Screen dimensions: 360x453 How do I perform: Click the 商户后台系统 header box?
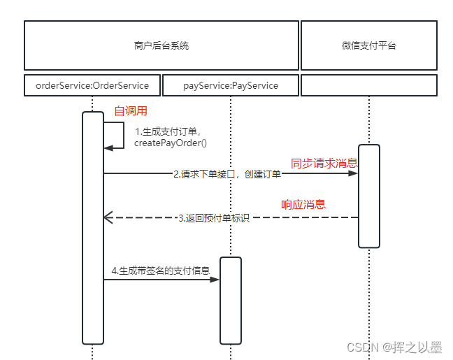point(161,45)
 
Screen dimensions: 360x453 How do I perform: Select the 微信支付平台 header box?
point(368,45)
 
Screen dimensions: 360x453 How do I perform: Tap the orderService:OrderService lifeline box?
point(92,85)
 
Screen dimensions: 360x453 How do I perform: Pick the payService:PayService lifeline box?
point(231,85)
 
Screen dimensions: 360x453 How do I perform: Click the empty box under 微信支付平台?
point(368,85)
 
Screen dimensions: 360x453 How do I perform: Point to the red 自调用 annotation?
point(131,110)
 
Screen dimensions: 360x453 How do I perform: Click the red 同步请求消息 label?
point(324,163)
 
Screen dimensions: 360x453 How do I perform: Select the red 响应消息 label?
point(303,205)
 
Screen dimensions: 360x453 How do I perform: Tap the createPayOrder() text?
point(171,143)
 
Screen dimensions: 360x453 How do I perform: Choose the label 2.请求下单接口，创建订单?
point(227,174)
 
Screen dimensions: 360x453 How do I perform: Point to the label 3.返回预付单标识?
point(213,217)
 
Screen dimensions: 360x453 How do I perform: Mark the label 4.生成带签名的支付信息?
point(161,270)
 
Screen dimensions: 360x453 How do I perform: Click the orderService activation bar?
point(93,227)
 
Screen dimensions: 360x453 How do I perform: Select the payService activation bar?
point(231,301)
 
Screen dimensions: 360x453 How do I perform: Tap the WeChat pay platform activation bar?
point(368,196)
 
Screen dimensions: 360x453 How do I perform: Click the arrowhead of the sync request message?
point(354,174)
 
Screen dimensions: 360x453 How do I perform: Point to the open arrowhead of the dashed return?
point(108,217)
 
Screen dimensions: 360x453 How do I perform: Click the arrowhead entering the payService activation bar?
point(215,280)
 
